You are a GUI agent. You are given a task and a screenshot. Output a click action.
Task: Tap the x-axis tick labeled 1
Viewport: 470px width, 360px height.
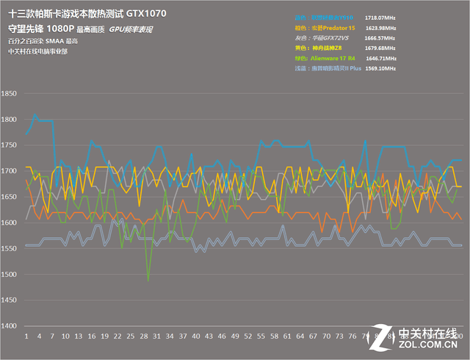click(x=26, y=336)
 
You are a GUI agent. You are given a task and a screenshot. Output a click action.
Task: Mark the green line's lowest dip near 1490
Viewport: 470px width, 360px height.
click(x=148, y=280)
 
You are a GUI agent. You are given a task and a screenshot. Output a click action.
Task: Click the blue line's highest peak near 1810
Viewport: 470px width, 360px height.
click(x=35, y=115)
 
